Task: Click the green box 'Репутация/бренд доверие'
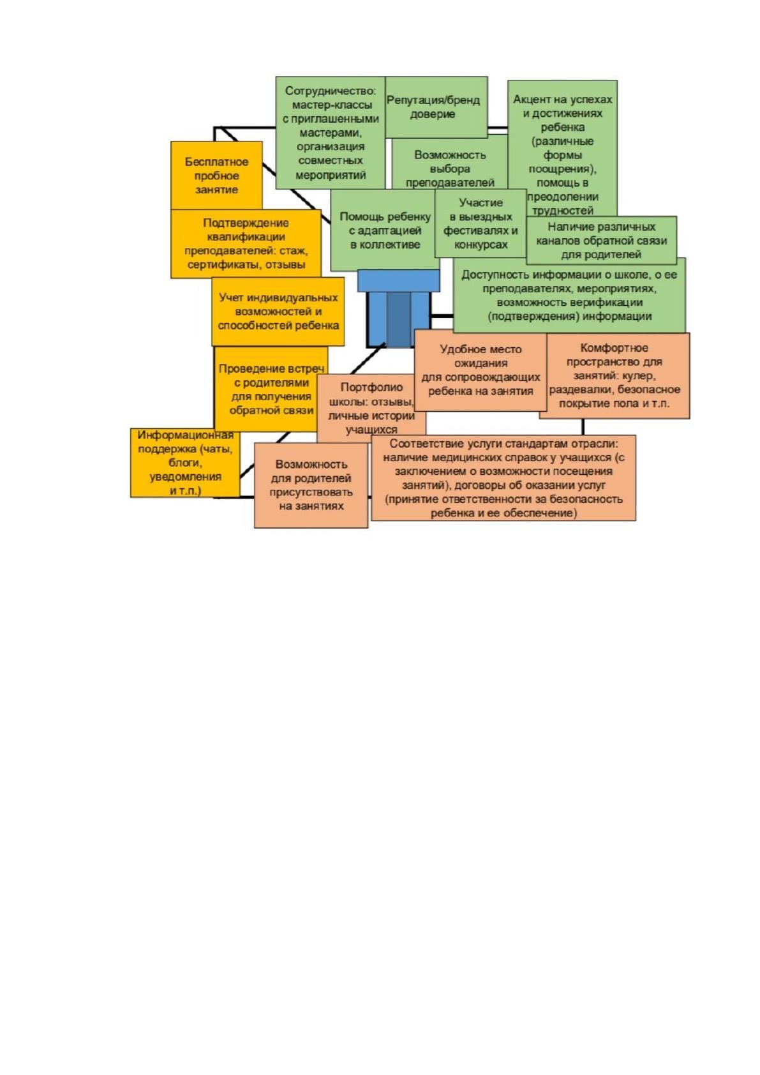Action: point(436,107)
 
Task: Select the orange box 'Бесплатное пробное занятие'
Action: point(216,175)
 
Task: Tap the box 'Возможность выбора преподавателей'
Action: point(450,163)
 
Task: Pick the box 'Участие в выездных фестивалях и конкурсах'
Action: point(481,223)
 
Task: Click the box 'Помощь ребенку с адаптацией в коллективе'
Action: point(385,230)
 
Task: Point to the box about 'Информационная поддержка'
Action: point(185,463)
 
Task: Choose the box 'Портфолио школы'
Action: point(371,408)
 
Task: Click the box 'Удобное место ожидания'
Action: point(481,370)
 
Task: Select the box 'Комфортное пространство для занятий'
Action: point(615,375)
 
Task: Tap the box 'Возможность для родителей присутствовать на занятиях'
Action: point(311,485)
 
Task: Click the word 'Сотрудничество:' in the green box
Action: point(331,91)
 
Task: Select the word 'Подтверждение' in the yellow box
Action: point(246,223)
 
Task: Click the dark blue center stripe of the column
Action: point(398,319)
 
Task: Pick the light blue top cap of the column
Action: point(398,281)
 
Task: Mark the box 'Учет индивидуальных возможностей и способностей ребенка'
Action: point(278,312)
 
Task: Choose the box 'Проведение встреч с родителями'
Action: point(271,389)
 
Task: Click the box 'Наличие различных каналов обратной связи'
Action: point(601,241)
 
